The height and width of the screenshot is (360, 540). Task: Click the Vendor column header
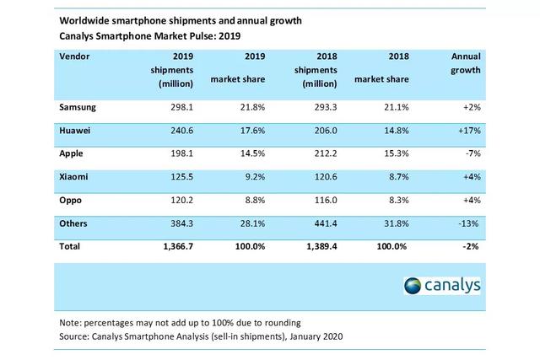[x=75, y=55]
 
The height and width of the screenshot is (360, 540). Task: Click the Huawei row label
[x=76, y=130]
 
